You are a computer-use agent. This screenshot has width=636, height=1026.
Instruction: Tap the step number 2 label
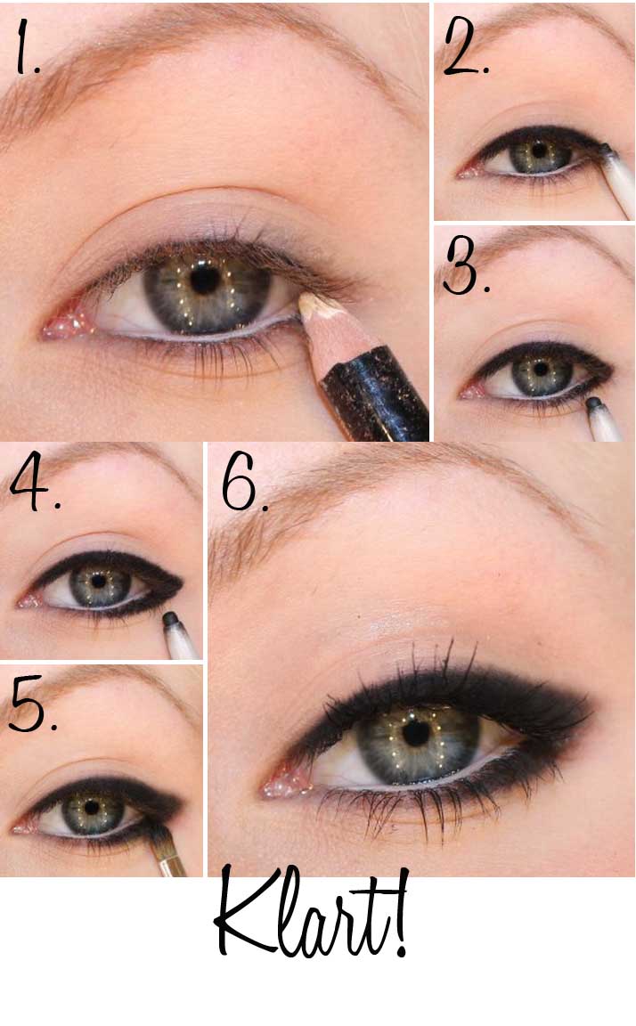point(465,47)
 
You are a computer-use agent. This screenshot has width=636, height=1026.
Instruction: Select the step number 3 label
point(465,265)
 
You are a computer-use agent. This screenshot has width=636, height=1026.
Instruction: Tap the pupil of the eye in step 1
point(204,280)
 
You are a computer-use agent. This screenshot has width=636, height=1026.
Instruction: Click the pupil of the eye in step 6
point(415,734)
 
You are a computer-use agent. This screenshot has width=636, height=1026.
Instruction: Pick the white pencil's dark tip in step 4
point(171,619)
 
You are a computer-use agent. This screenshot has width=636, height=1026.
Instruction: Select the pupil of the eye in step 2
point(539,151)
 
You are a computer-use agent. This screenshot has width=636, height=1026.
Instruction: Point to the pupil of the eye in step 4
point(99,581)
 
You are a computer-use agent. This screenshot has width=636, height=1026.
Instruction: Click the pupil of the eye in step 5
point(93,807)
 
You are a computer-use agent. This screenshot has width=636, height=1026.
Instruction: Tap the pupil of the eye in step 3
point(541,369)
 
